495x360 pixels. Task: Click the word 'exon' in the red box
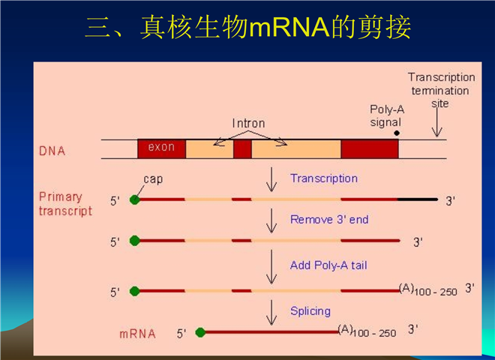coord(161,147)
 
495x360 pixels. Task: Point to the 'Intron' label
coord(248,123)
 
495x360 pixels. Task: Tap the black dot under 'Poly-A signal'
coord(397,133)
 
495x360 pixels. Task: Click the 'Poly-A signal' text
coord(387,116)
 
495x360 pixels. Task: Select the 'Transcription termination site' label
coord(441,90)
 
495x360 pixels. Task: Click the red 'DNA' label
coord(52,151)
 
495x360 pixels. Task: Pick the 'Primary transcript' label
coord(65,204)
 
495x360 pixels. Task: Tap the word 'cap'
coord(153,179)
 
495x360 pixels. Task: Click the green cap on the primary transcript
coord(135,199)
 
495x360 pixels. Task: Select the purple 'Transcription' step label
coord(324,178)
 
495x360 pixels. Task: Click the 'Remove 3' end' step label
coord(329,219)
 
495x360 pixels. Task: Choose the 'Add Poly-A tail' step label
coord(328,265)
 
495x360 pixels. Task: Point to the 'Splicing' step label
coord(310,311)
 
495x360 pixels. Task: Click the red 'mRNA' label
coord(138,334)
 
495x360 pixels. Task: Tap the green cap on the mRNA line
coord(200,332)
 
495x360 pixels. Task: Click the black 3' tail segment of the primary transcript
coord(418,199)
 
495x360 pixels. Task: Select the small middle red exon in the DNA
coord(242,149)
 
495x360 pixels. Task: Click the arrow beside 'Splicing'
coord(271,312)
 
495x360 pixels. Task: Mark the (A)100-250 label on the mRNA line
coord(367,331)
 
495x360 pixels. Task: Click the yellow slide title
coord(248,27)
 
